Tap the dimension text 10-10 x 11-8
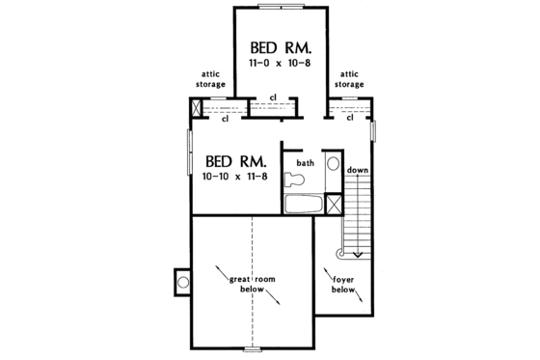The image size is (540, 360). (x=235, y=178)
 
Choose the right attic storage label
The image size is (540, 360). (x=349, y=78)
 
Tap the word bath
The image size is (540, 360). (x=305, y=163)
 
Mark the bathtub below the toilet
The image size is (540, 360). (x=303, y=204)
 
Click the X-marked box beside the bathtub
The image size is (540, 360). (x=334, y=204)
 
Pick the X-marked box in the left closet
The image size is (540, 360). (x=197, y=110)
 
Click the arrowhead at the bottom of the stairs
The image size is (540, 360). (x=358, y=254)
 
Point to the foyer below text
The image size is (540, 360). (x=344, y=283)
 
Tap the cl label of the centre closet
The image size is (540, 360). (x=273, y=97)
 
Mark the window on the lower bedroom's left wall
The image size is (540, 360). (x=190, y=154)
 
